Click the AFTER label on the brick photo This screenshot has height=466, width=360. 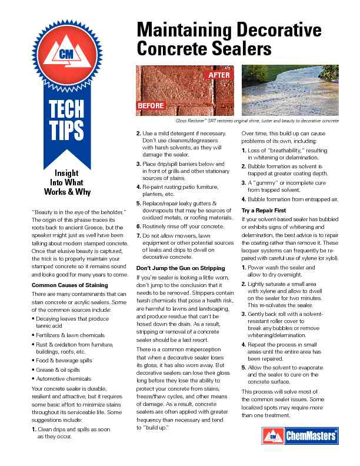point(219,76)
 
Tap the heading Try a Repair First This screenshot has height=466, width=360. point(265,210)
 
